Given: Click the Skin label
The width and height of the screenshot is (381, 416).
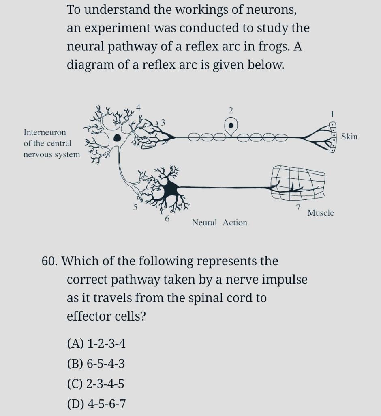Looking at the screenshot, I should (349, 136).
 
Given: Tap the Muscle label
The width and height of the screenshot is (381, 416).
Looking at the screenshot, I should (320, 213).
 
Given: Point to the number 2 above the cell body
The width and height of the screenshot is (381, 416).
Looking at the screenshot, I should (231, 110).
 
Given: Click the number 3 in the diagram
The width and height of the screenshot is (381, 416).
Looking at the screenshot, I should (163, 121).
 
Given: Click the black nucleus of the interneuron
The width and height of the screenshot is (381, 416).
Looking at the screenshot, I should (117, 138).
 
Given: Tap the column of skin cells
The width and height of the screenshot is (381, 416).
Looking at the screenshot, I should (332, 137).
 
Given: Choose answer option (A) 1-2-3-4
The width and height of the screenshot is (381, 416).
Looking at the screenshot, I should (96, 344).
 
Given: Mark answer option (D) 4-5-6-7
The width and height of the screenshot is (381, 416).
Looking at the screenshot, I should (96, 404).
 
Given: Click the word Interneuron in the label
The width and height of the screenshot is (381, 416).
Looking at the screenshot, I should (45, 132).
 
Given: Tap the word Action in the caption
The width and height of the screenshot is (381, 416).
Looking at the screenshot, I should (235, 223).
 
